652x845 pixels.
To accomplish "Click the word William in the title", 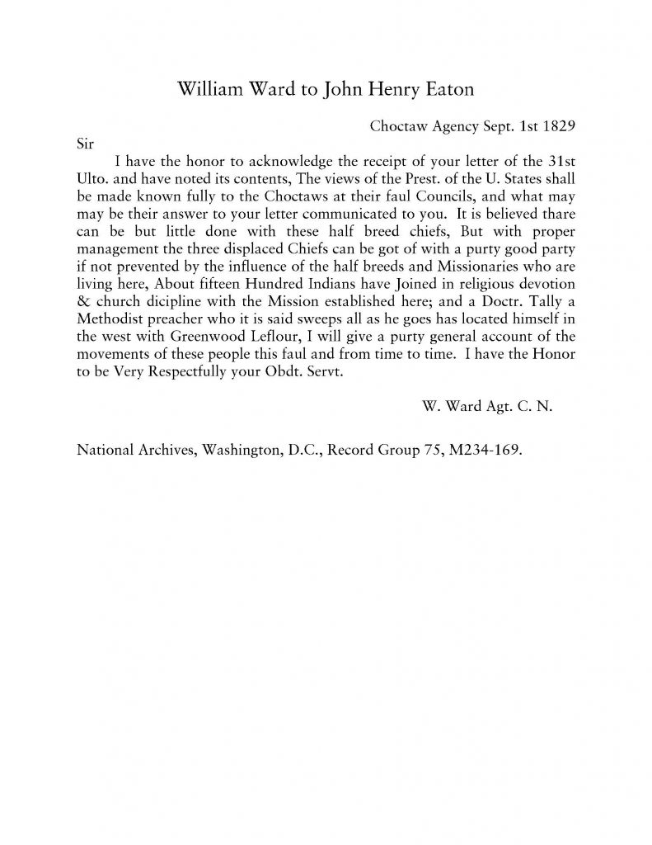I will (210, 90).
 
